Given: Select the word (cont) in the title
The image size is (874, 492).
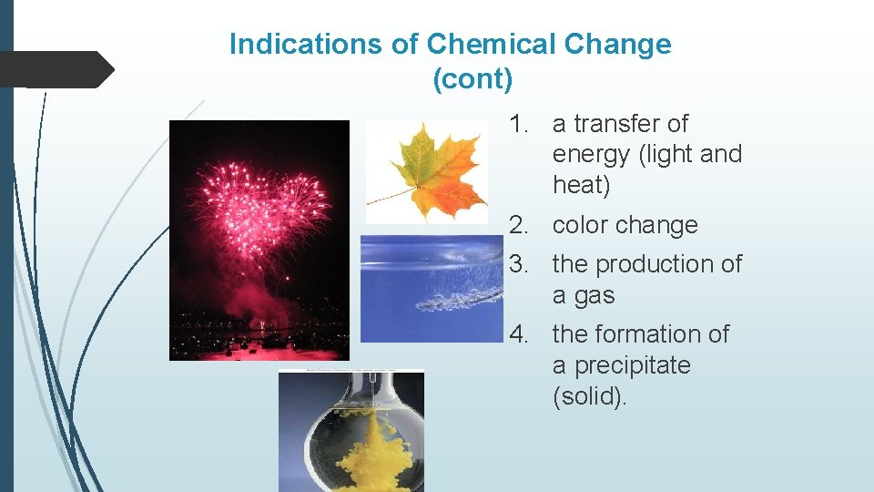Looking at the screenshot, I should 473,79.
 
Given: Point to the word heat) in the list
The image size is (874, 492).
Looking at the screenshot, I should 581,186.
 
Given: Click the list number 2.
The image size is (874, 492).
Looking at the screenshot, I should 520,225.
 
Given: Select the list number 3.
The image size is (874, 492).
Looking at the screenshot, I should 520,264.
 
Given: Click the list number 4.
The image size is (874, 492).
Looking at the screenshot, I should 520,334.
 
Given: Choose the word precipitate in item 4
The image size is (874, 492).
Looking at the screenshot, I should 621,366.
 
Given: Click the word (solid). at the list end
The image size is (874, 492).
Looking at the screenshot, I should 590,397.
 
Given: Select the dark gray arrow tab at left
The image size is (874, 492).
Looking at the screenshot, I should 55,69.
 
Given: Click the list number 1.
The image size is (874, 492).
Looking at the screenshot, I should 520,124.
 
